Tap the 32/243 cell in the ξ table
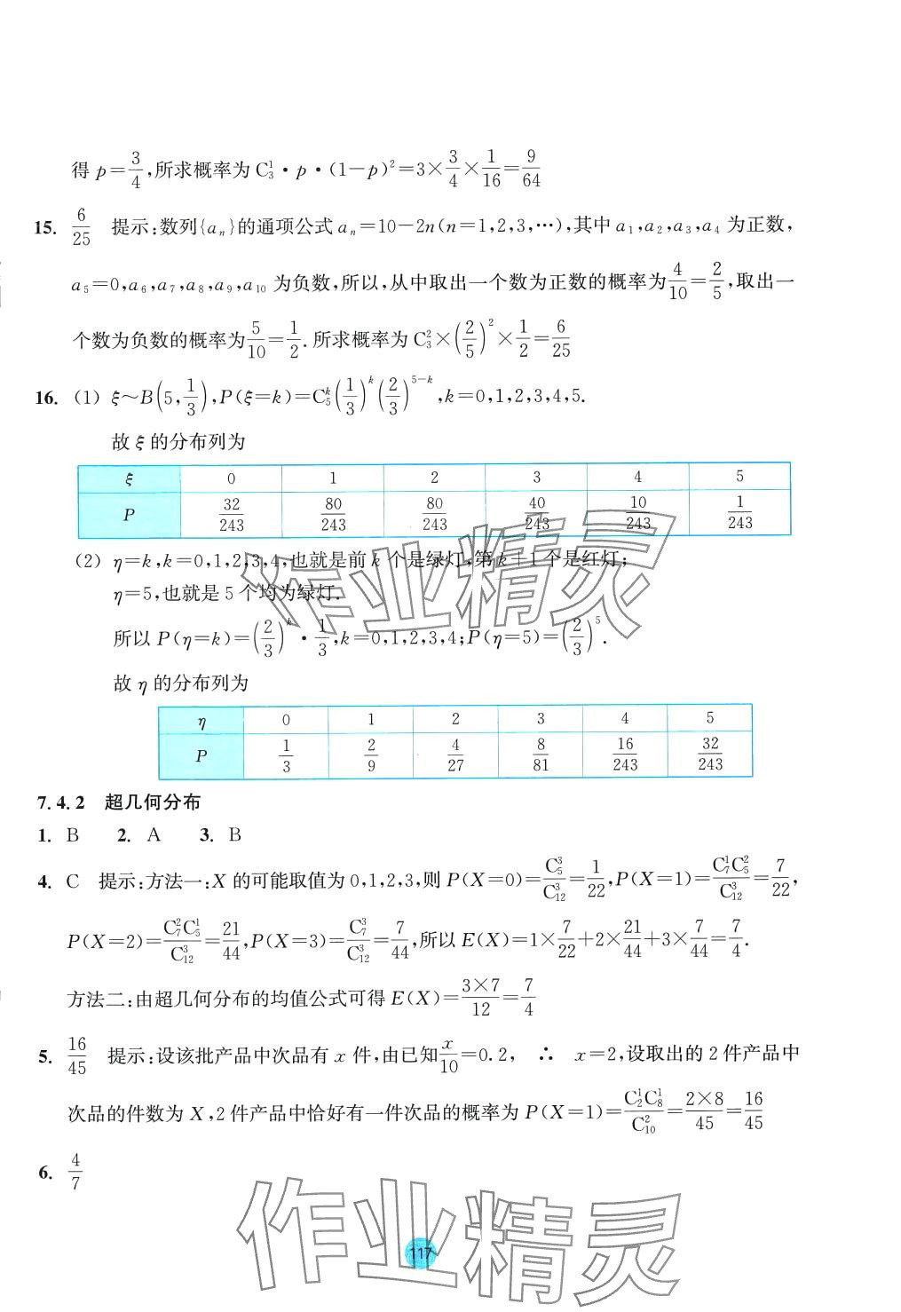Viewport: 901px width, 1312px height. tap(232, 514)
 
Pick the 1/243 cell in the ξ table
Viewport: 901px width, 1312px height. tap(739, 513)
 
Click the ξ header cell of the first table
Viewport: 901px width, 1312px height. tap(130, 478)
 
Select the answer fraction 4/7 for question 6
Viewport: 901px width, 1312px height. tap(75, 1173)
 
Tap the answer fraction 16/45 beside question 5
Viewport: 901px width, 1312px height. tap(77, 1055)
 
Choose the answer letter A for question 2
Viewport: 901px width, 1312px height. tap(154, 834)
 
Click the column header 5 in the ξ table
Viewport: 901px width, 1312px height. tap(739, 477)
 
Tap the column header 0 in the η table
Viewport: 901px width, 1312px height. tap(286, 720)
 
